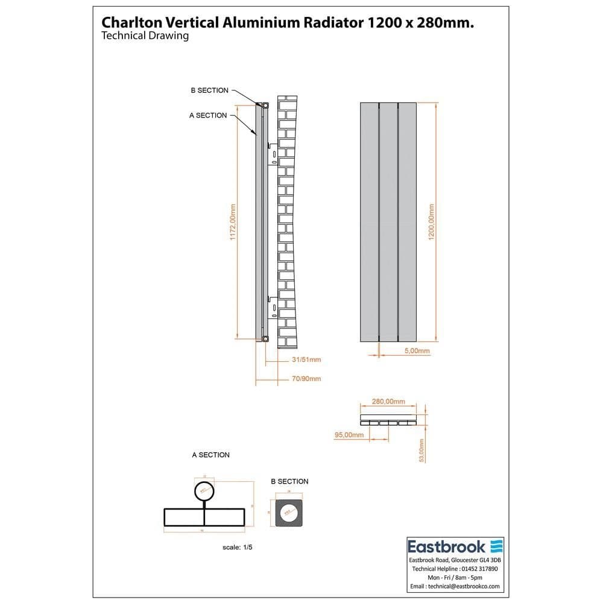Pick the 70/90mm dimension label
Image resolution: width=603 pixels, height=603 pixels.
click(306, 379)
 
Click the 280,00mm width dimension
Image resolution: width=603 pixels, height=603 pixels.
click(388, 402)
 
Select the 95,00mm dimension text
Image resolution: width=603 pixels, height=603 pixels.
click(349, 435)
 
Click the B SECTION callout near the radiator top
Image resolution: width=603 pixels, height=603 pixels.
click(209, 90)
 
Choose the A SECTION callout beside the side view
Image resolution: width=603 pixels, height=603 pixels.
click(208, 115)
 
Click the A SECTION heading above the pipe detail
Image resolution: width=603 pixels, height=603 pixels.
click(210, 455)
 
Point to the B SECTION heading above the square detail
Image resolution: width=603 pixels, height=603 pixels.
click(289, 481)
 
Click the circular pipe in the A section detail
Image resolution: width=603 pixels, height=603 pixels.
click(204, 491)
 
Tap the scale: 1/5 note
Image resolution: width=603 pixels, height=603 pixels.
click(236, 547)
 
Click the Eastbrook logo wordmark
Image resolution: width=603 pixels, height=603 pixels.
click(447, 547)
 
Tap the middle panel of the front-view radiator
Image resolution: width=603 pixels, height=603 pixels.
click(388, 221)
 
